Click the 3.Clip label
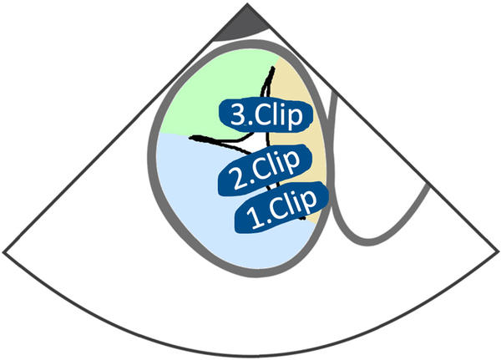tap(266, 114)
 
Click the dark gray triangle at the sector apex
tap(241, 25)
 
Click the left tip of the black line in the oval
tap(190, 137)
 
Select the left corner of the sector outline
tap(4, 251)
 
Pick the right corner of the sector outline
tap(497, 251)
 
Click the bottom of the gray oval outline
tap(250, 272)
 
